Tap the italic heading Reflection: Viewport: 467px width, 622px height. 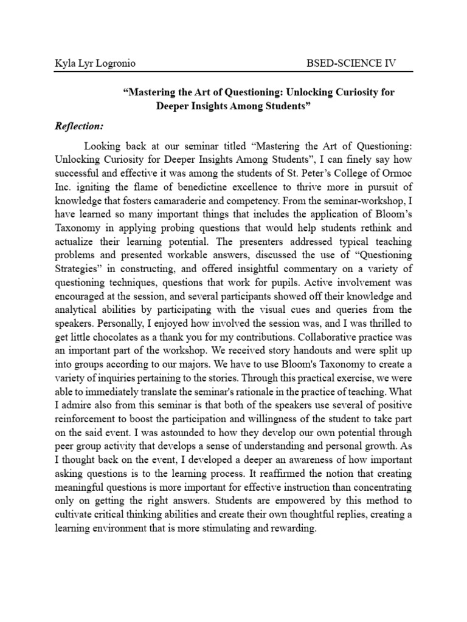pyautogui.click(x=80, y=126)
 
